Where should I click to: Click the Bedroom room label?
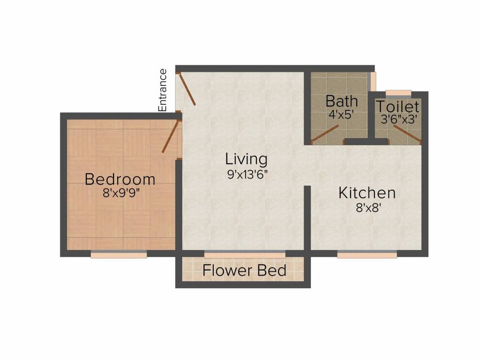point(120,179)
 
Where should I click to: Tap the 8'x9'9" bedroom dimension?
point(120,193)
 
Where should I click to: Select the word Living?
point(246,159)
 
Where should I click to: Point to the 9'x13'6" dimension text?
point(246,173)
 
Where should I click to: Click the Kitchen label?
point(367,193)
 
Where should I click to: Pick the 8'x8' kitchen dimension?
point(367,207)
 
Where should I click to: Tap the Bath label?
point(342,101)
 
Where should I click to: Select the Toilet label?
point(397,106)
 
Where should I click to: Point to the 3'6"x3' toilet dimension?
point(397,120)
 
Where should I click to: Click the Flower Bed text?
point(244,270)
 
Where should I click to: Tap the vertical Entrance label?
point(163,90)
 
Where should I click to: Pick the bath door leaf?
point(325,134)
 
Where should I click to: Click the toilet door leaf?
point(406,134)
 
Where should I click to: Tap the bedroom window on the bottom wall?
point(119,254)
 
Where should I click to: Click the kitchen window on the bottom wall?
point(367,254)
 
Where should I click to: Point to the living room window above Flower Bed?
point(245,254)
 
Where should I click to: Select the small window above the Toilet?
point(398,92)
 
